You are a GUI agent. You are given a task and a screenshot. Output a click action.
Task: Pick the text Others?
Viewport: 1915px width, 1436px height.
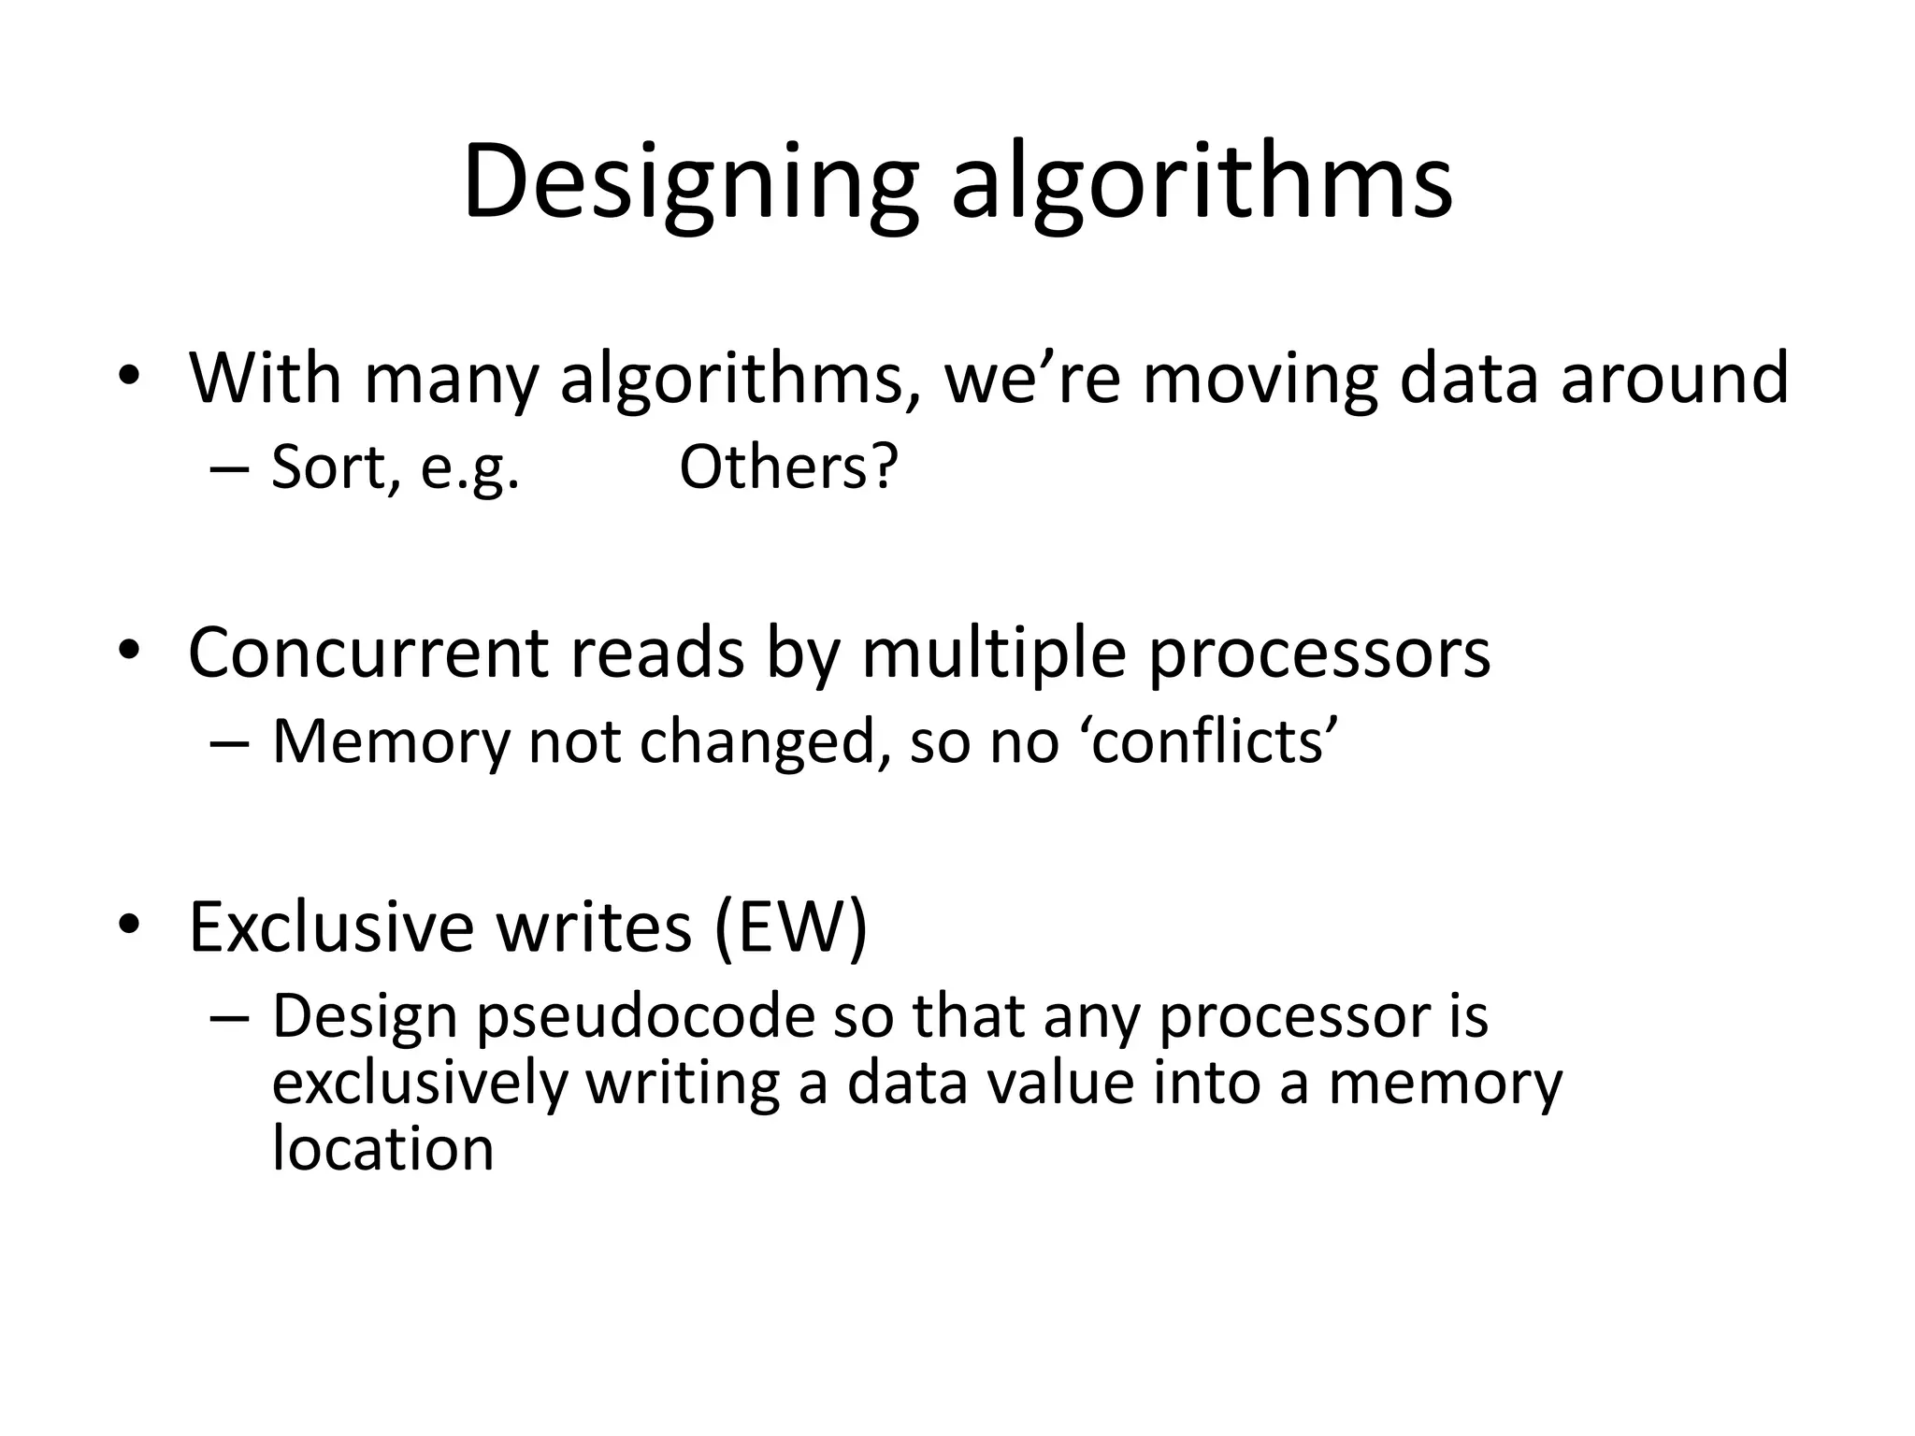tap(788, 467)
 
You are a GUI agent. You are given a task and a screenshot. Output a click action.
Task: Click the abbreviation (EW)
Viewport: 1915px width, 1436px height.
tap(791, 928)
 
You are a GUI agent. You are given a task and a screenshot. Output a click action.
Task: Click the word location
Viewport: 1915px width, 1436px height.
tap(382, 1149)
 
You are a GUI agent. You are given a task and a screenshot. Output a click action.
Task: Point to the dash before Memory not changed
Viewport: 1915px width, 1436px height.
tap(230, 744)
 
